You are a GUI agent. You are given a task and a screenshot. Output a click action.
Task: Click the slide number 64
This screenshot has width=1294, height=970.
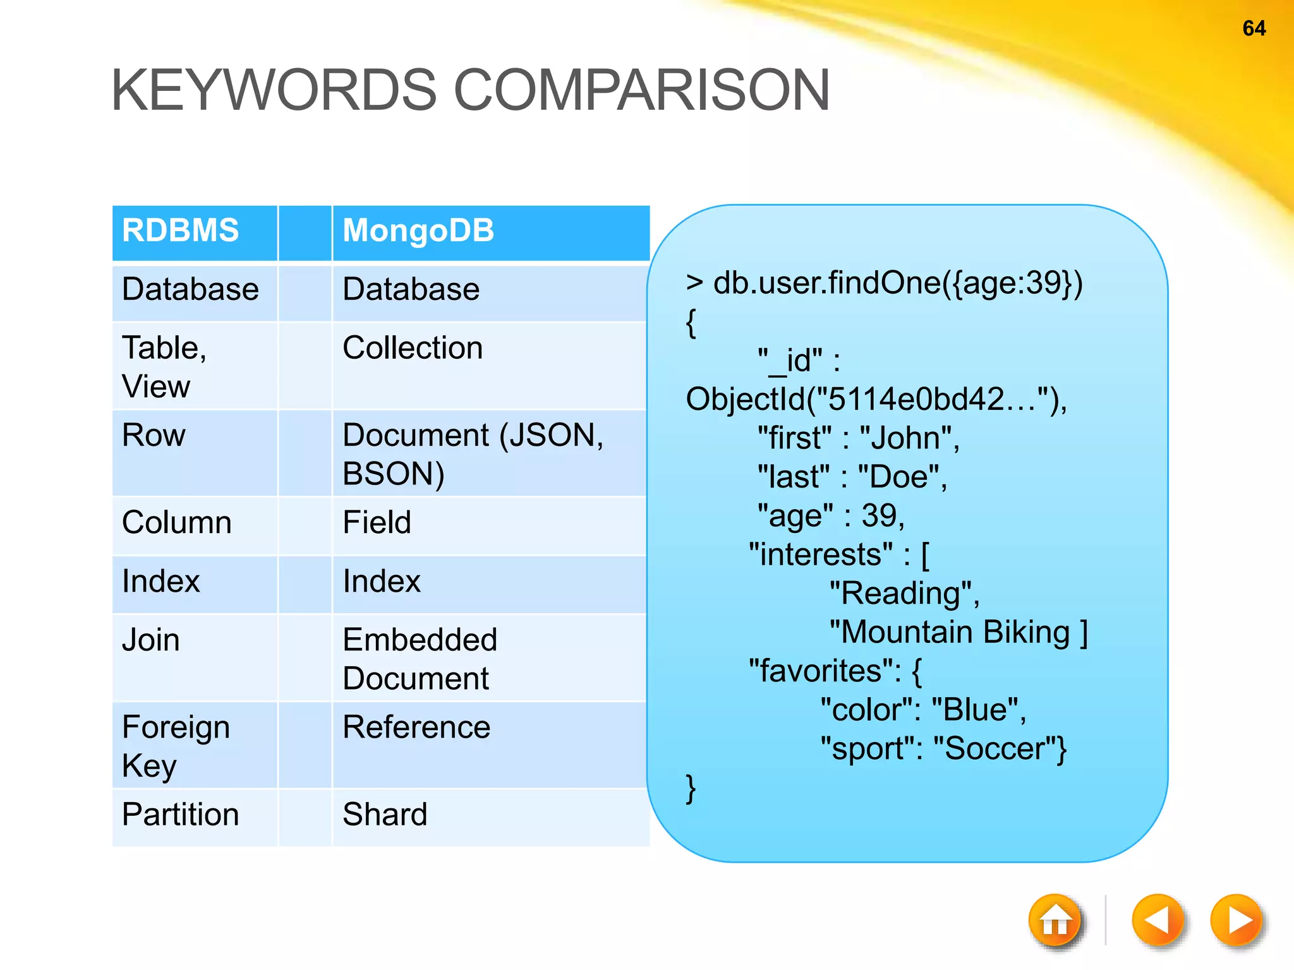(x=1254, y=28)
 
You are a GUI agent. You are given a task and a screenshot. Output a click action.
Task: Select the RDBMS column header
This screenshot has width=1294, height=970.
(x=181, y=231)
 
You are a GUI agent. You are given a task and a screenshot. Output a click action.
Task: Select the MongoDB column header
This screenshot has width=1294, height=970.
(x=418, y=231)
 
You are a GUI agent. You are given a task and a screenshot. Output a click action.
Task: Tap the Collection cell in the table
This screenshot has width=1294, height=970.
(x=413, y=348)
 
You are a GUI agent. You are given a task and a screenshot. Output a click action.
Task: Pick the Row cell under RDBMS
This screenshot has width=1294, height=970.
(x=154, y=436)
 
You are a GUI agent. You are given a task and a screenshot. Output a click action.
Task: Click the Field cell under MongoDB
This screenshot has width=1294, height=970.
(x=377, y=523)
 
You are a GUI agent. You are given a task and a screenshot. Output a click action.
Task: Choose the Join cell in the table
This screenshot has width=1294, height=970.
(x=151, y=640)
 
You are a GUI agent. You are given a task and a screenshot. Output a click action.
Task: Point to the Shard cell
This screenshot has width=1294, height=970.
(x=385, y=815)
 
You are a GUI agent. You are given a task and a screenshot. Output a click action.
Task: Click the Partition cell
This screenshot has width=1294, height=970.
(x=181, y=815)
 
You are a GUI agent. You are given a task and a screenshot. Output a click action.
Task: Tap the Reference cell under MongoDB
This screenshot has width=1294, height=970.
(x=416, y=727)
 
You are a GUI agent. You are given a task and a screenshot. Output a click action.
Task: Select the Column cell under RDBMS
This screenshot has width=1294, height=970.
(x=177, y=523)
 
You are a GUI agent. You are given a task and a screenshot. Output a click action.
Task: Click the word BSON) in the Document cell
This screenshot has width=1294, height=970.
(x=393, y=474)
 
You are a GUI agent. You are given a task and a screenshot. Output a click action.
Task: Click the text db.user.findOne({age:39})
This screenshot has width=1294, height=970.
(x=897, y=284)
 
